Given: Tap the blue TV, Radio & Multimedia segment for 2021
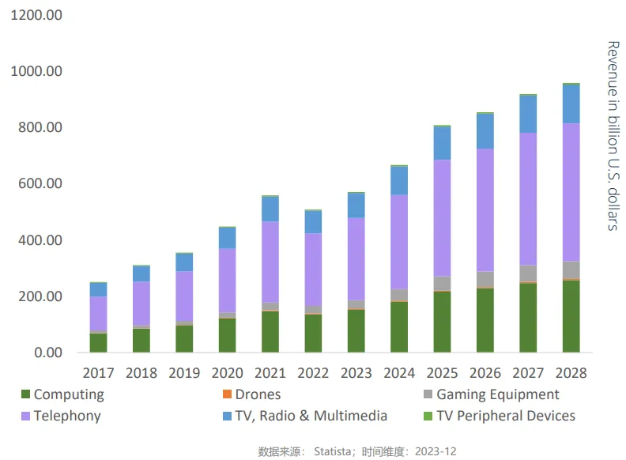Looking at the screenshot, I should click(270, 209).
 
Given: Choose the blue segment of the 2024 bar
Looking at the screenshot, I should click(399, 180).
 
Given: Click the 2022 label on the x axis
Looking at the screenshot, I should click(313, 372).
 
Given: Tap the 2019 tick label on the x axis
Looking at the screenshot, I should click(184, 372).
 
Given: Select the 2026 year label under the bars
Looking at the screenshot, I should click(485, 372).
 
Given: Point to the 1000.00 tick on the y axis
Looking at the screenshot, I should click(37, 72).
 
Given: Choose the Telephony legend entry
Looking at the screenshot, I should click(66, 416).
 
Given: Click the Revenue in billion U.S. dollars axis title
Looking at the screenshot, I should click(612, 135).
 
